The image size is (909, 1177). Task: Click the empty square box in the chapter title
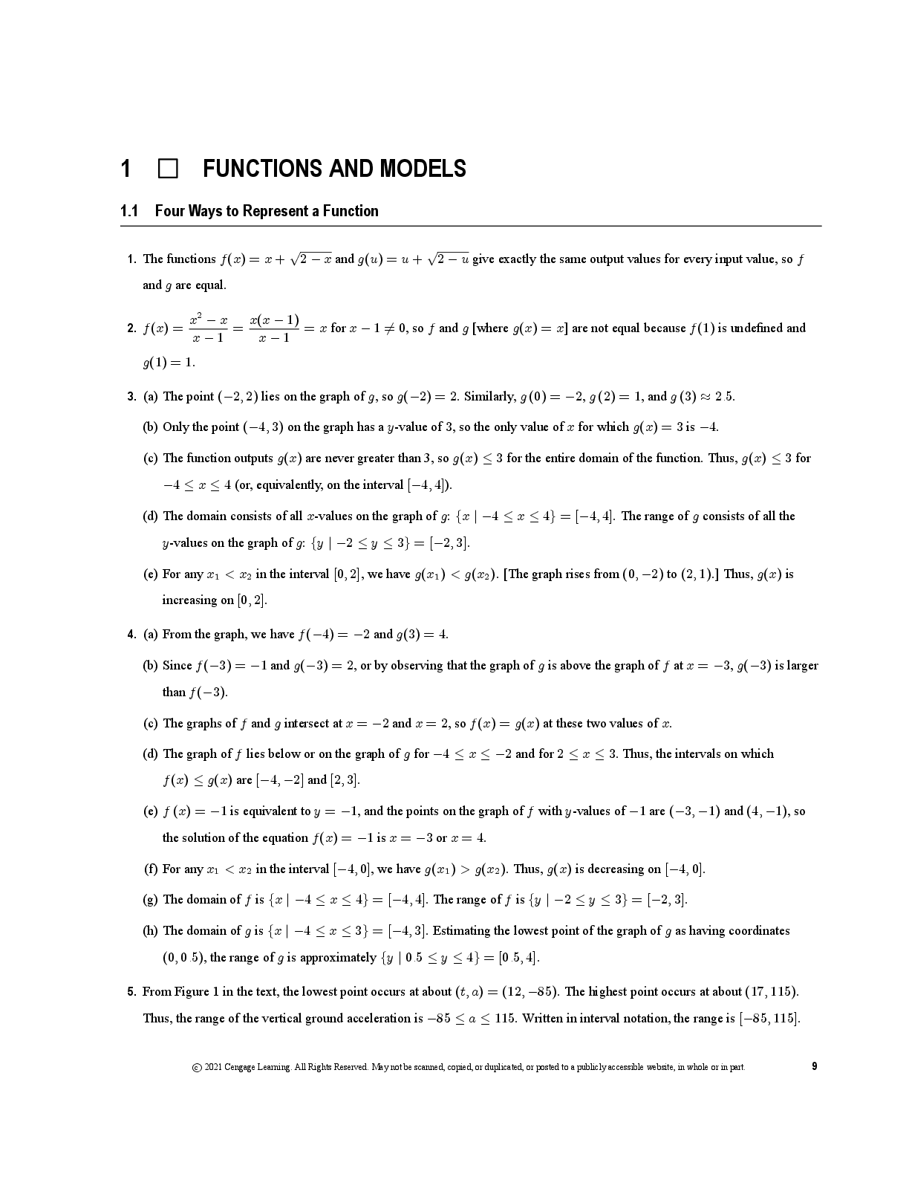(x=168, y=169)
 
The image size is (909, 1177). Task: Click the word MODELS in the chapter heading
(x=423, y=169)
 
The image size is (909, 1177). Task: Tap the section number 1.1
(x=129, y=211)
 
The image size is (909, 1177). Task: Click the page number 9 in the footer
(x=814, y=1066)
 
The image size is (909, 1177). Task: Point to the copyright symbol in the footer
(x=196, y=1068)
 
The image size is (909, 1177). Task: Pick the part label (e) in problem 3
(x=150, y=574)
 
